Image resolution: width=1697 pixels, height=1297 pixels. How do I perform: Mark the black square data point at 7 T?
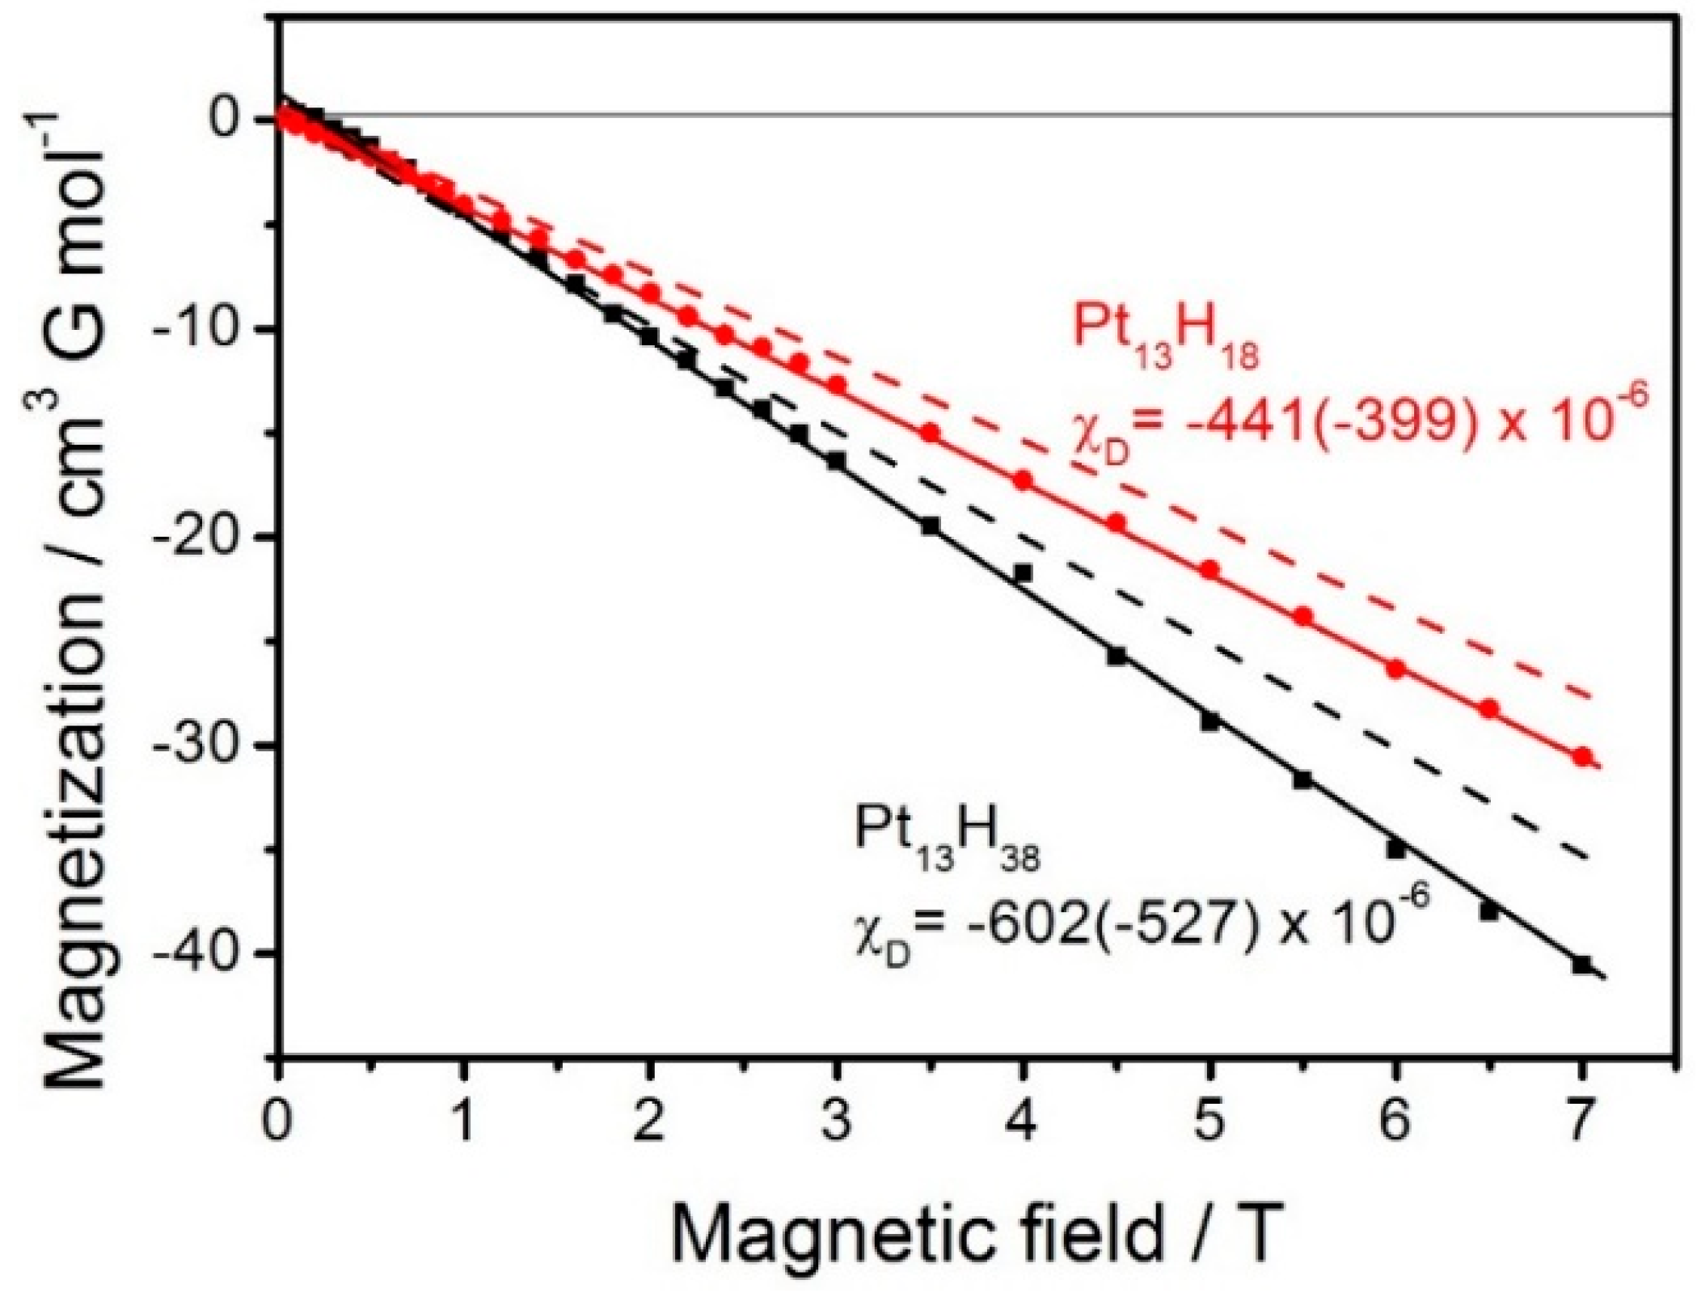[1582, 964]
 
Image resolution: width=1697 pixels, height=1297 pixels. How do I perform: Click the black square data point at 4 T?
[1023, 572]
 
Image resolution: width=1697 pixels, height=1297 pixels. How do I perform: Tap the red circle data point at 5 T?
[1209, 570]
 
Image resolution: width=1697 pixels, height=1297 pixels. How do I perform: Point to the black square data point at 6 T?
[1396, 849]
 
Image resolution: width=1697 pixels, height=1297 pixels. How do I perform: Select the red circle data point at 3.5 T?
[930, 433]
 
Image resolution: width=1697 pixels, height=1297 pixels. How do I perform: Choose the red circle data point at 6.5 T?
[1489, 709]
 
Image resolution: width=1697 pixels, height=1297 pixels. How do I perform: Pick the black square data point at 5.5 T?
[1302, 780]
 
